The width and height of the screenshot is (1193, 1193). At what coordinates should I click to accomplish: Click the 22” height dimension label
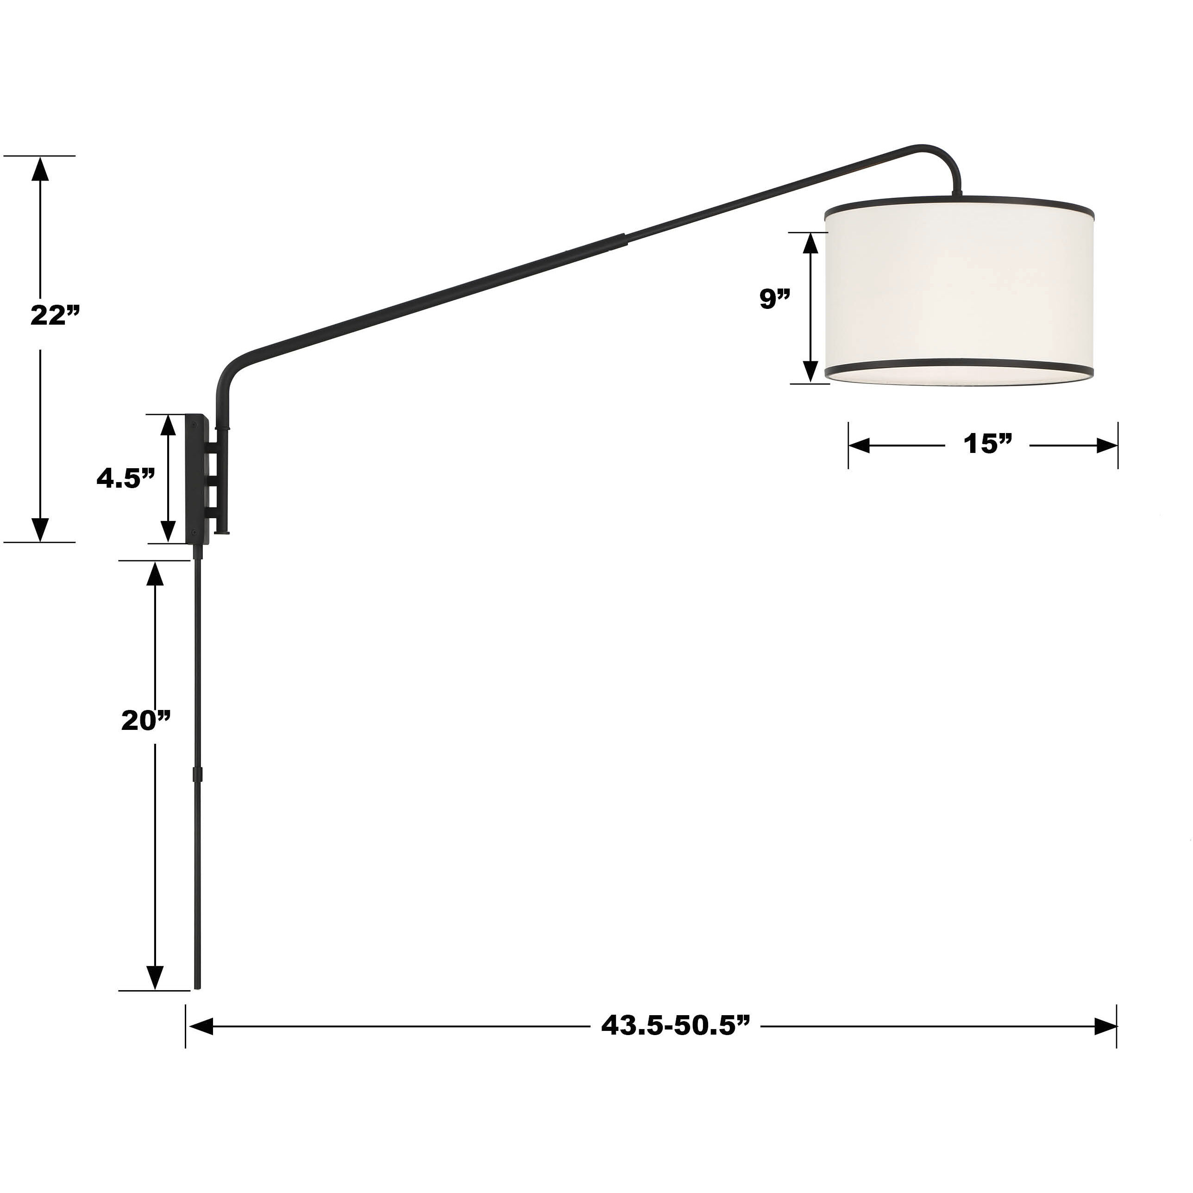click(x=56, y=315)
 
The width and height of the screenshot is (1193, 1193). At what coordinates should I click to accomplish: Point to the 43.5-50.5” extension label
click(x=676, y=1026)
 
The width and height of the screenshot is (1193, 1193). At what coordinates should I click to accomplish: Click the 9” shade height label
click(x=775, y=299)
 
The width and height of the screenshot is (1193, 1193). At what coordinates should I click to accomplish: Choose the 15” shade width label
click(x=988, y=444)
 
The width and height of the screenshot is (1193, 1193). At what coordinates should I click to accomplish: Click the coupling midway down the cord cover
click(x=198, y=774)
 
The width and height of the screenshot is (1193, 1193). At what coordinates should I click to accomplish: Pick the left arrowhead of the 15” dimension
click(x=860, y=445)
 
